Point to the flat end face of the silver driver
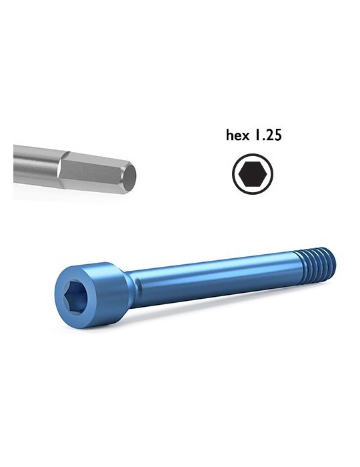(132, 177)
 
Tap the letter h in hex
(229, 135)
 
